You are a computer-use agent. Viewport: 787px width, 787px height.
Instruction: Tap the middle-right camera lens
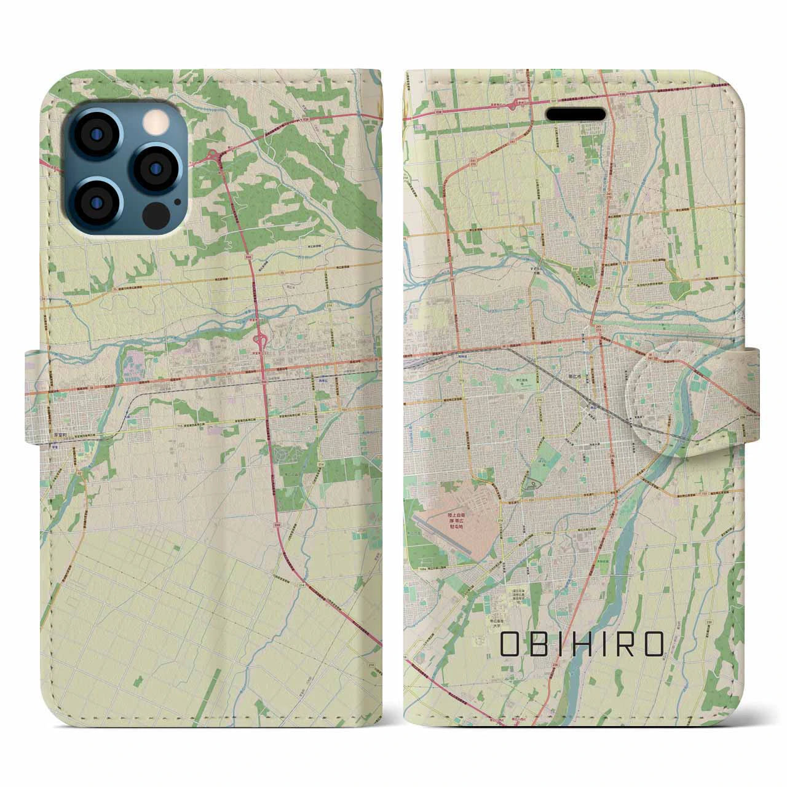pos(154,167)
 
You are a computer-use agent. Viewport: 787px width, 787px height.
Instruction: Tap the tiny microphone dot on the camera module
pos(178,200)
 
